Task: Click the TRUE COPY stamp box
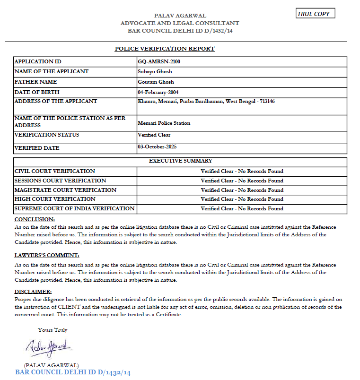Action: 316,14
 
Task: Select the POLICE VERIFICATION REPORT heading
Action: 165,49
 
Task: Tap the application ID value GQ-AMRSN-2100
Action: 159,61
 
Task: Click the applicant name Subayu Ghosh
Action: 155,71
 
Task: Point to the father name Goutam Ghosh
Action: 156,82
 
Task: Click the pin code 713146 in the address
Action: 267,101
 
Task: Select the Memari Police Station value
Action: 164,123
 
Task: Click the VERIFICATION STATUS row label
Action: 47,135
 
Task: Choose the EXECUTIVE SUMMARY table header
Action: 180,161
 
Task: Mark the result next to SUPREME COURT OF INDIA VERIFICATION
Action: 242,208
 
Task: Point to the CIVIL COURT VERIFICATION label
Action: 55,171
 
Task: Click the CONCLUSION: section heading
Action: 35,219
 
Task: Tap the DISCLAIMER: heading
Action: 33,292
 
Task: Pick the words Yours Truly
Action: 53,330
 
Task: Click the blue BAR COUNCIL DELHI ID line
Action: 73,373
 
